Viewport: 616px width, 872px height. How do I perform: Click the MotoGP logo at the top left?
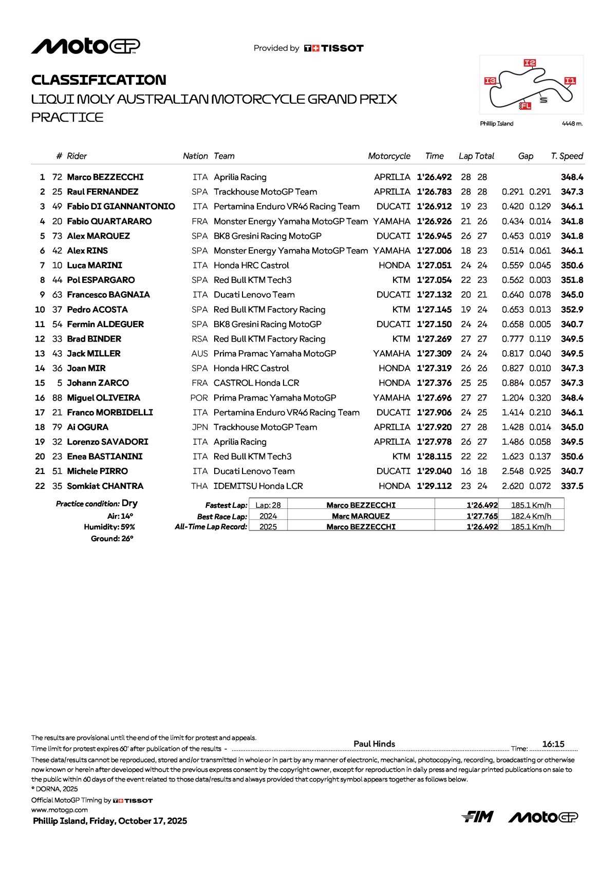85,46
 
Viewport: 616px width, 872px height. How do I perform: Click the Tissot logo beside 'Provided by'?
334,48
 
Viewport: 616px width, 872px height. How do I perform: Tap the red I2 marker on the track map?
530,63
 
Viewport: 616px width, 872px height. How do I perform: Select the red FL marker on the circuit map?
525,106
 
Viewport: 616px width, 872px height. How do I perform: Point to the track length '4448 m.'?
572,124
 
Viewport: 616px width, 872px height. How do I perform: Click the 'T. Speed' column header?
567,156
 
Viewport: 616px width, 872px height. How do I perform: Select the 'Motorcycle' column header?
389,156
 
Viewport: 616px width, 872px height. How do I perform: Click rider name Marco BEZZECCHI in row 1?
105,177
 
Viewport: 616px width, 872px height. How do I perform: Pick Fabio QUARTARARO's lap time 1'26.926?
434,221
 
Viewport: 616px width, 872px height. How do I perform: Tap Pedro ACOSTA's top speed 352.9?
572,310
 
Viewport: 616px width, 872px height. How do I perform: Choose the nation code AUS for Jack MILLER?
199,354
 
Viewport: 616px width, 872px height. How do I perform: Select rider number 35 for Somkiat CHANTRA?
57,486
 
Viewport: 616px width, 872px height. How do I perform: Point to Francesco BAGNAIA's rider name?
108,295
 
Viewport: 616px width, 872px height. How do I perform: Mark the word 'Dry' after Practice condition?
130,503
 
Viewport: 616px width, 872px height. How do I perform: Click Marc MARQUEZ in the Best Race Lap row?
361,516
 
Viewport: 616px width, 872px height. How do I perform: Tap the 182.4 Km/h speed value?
531,516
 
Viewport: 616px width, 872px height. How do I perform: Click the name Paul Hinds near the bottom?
375,744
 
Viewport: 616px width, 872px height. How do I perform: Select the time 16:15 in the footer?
553,744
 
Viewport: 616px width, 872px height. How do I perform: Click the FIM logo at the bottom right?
477,817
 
